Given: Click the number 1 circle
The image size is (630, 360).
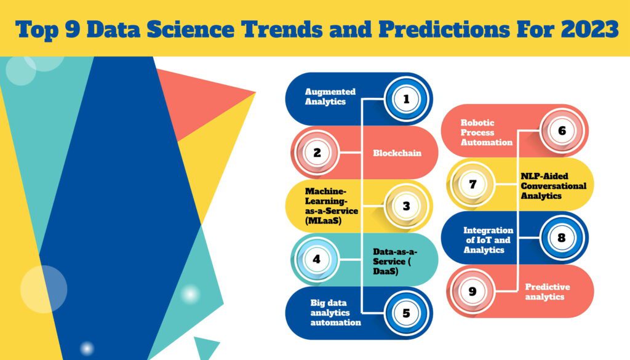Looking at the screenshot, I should click(x=406, y=98).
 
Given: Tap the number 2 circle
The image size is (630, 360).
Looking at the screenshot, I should click(x=317, y=152).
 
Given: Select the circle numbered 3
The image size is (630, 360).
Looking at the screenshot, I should click(x=406, y=206).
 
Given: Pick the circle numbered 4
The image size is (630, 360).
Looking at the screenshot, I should click(x=316, y=259).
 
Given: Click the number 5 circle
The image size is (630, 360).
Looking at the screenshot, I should click(x=406, y=313).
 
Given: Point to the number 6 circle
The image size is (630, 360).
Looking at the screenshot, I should click(x=562, y=130).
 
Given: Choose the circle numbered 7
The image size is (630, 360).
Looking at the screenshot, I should click(x=472, y=184).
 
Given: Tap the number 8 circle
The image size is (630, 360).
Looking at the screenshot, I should click(x=562, y=238).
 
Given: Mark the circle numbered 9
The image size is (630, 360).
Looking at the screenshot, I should click(x=472, y=291).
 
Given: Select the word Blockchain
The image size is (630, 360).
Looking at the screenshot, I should click(x=397, y=153).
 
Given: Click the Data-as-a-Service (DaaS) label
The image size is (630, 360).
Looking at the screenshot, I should click(x=395, y=261).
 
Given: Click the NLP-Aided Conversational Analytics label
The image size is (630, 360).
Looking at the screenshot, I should click(x=553, y=185).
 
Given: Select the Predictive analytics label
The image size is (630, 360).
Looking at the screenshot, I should click(x=547, y=292).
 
